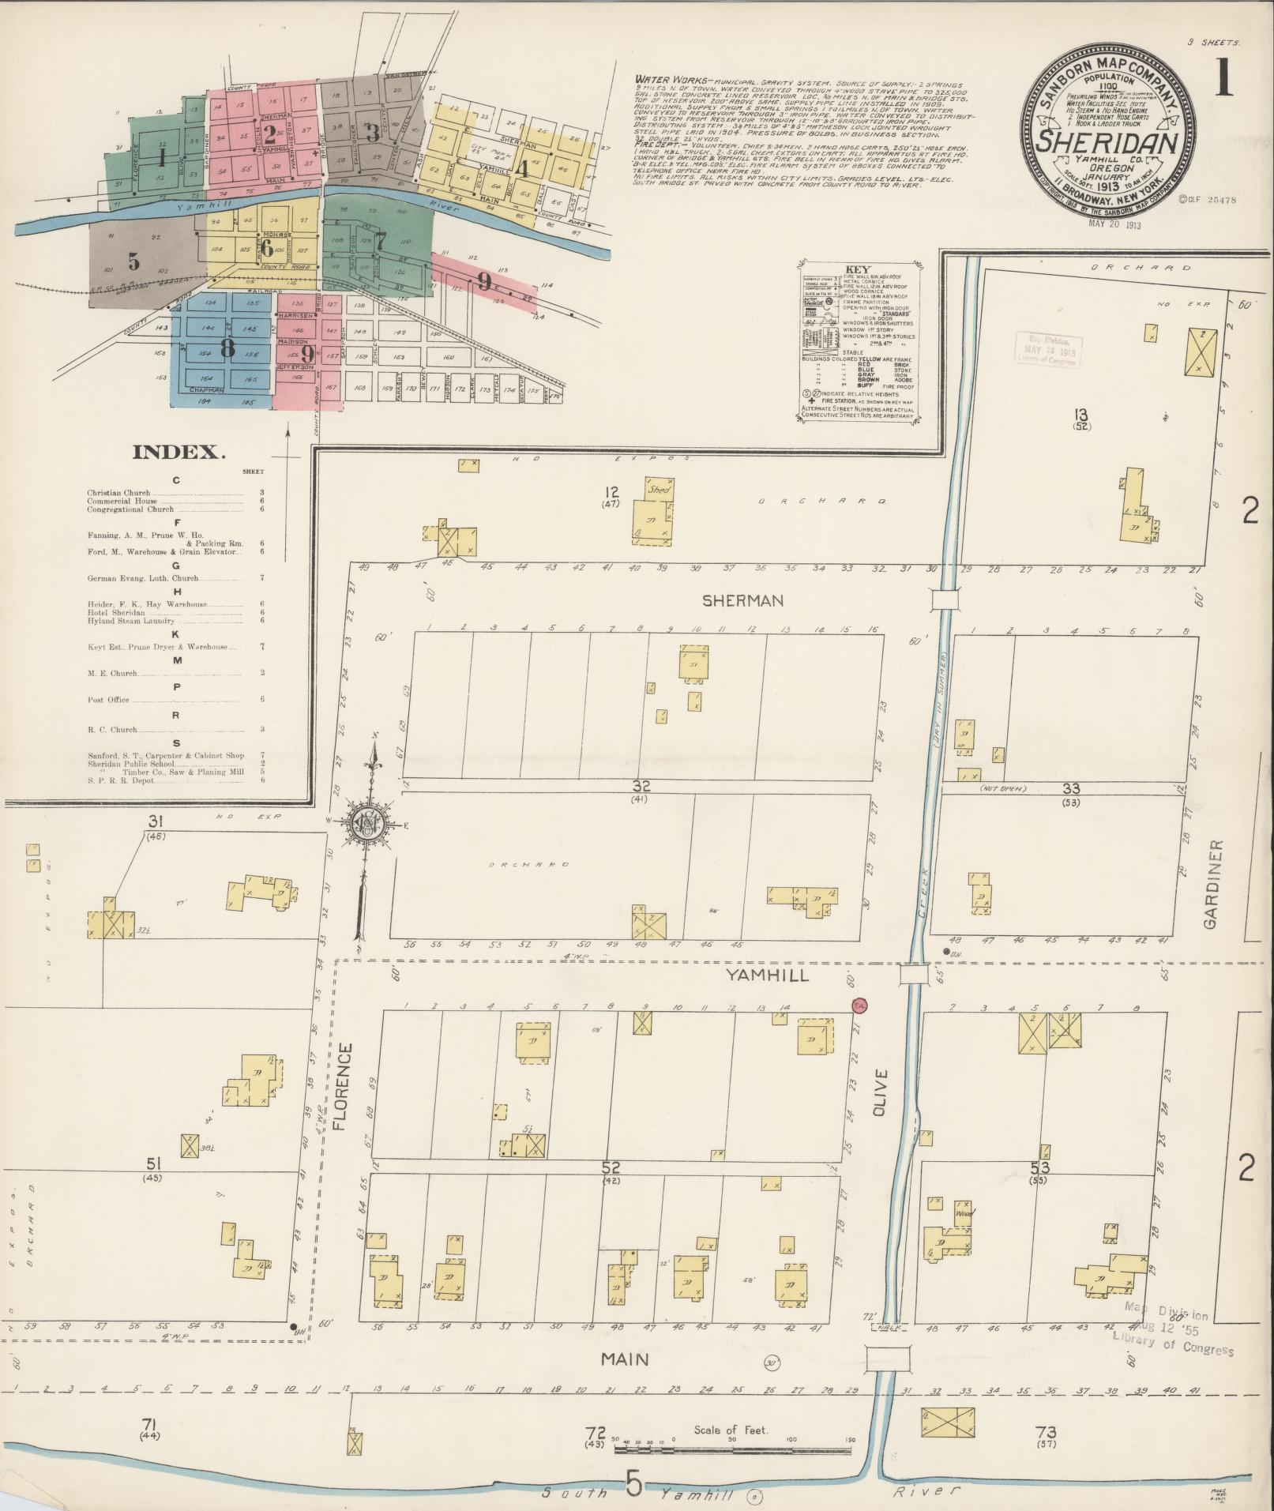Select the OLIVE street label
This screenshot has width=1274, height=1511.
point(881,1094)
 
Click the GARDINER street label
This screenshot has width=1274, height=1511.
point(1213,884)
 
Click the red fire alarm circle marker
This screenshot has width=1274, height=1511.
point(861,1005)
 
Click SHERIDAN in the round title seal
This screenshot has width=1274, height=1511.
point(1109,143)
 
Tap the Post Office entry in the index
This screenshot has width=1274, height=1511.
point(108,700)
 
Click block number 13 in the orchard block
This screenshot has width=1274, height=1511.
point(1081,415)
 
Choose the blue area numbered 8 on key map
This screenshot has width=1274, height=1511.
point(227,348)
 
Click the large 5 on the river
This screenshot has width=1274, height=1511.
point(633,1483)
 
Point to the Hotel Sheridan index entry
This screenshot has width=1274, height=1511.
point(116,613)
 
